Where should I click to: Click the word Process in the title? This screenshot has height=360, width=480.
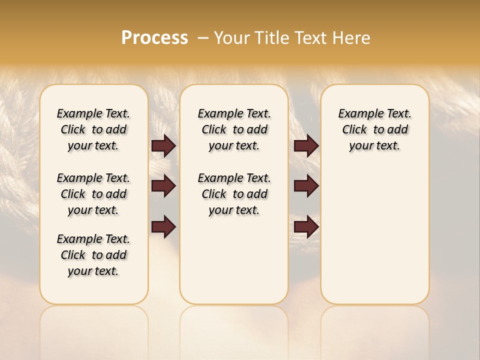154,38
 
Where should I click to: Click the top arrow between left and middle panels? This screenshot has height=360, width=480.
163,145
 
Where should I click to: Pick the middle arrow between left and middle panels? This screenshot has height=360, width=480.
163,186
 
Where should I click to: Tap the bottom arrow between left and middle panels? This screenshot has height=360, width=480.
163,227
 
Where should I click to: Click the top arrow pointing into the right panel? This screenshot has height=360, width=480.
306,145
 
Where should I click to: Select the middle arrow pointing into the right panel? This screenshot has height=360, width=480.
306,186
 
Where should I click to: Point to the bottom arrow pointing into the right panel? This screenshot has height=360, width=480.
306,227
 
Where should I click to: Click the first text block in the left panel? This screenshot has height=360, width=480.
93,129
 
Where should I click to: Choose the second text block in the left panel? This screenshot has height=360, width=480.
93,194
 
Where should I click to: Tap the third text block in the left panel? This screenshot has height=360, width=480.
93,255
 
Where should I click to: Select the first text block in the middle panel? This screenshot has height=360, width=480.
234,129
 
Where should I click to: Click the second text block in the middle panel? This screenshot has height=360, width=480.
234,194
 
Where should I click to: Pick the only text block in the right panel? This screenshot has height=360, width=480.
374,129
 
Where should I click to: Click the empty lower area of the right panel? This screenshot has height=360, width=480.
374,235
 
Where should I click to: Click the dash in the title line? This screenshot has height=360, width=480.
203,38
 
